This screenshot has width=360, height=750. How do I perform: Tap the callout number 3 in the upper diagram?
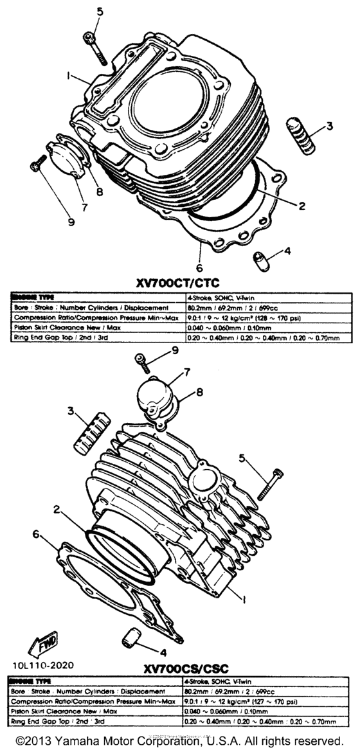(x=328, y=125)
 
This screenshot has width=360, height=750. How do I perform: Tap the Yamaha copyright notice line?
(x=180, y=740)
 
